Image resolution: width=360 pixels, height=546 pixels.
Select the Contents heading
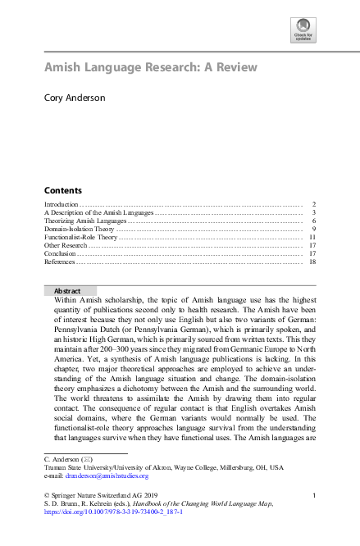(62, 189)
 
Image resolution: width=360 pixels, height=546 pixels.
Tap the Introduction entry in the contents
(61, 203)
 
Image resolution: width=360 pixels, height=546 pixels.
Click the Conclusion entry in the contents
(60, 253)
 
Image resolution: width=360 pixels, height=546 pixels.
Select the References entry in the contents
(60, 262)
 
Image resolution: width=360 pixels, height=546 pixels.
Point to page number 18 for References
(312, 262)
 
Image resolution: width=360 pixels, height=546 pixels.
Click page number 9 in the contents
(314, 229)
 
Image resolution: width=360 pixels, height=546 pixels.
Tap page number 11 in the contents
(312, 237)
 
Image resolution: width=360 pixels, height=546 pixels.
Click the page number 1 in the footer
(315, 495)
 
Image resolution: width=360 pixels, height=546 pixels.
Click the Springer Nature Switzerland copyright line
(99, 495)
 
